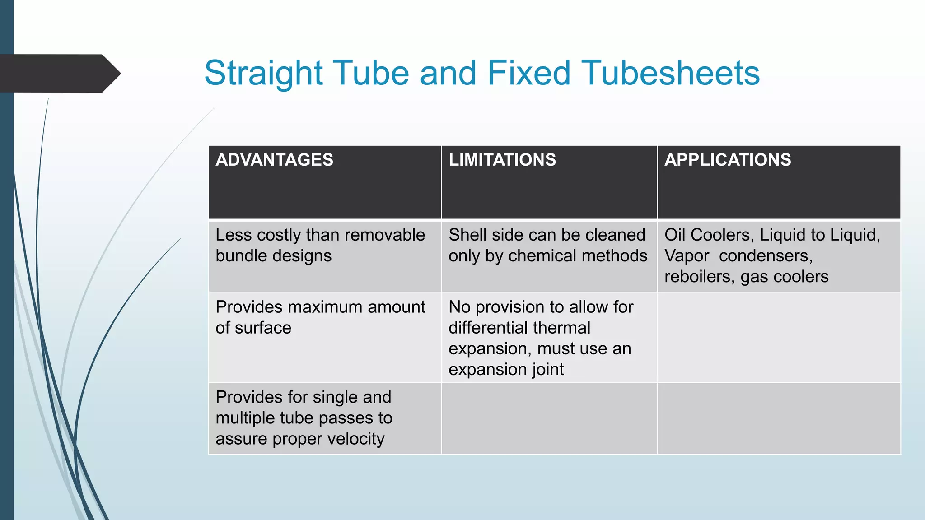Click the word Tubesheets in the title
[x=670, y=73]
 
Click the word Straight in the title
[x=263, y=73]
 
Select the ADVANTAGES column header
[x=274, y=160]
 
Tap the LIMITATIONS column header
[x=502, y=160]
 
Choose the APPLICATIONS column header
[x=728, y=160]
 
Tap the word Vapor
[x=687, y=256]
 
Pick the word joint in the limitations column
[x=547, y=369]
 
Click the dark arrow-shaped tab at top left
[x=59, y=73]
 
